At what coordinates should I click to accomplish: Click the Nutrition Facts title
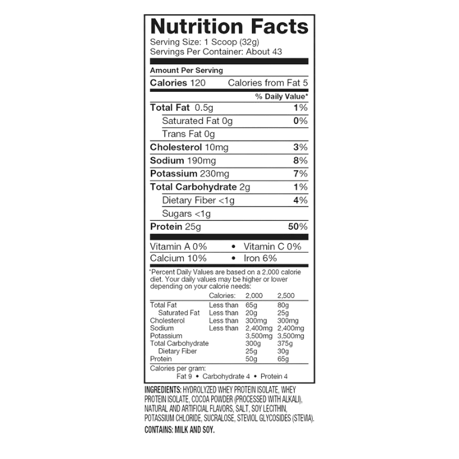click(x=229, y=26)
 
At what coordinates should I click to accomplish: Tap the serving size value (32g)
click(x=250, y=42)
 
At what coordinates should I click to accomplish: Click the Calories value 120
click(x=198, y=83)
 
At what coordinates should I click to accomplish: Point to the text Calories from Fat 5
click(x=268, y=83)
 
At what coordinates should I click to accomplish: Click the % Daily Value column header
click(x=282, y=96)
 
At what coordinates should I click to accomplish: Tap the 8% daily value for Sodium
click(x=301, y=161)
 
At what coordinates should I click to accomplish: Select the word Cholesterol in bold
click(x=176, y=147)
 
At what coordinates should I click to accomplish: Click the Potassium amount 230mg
click(x=214, y=174)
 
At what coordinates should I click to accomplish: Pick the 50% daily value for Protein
click(x=298, y=227)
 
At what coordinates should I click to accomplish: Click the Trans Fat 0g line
click(x=189, y=134)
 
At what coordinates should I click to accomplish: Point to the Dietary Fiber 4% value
click(x=301, y=200)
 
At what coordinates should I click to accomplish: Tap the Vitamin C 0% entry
click(x=273, y=247)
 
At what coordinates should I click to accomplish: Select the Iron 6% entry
click(x=260, y=258)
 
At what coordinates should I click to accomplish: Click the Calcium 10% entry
click(x=178, y=258)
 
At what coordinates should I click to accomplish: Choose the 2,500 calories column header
click(x=286, y=295)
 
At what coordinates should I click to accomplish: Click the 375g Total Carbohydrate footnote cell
click(x=285, y=344)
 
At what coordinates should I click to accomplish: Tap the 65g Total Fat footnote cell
click(x=251, y=305)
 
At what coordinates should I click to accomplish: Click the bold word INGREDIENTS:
click(x=163, y=390)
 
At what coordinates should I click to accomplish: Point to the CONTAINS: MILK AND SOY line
click(x=180, y=430)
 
